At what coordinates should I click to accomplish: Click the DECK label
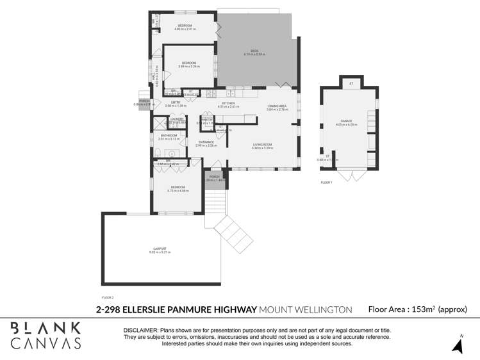click(254, 51)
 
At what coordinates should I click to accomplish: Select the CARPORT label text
click(160, 249)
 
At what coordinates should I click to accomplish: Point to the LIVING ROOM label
click(262, 145)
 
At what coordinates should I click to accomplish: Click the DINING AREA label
click(277, 106)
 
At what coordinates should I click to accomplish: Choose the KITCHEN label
click(228, 102)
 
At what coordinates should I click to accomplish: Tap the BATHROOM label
click(169, 135)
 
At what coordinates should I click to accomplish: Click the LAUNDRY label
click(177, 119)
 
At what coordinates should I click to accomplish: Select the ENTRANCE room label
click(206, 142)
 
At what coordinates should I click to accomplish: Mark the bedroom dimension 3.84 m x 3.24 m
click(188, 66)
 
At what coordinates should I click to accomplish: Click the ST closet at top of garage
click(351, 84)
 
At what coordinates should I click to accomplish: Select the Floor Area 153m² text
click(417, 309)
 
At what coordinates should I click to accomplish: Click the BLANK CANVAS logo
click(46, 336)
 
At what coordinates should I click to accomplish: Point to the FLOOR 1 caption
click(326, 183)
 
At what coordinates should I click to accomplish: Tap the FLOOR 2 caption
click(108, 297)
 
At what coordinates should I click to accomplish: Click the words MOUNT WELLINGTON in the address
click(306, 309)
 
